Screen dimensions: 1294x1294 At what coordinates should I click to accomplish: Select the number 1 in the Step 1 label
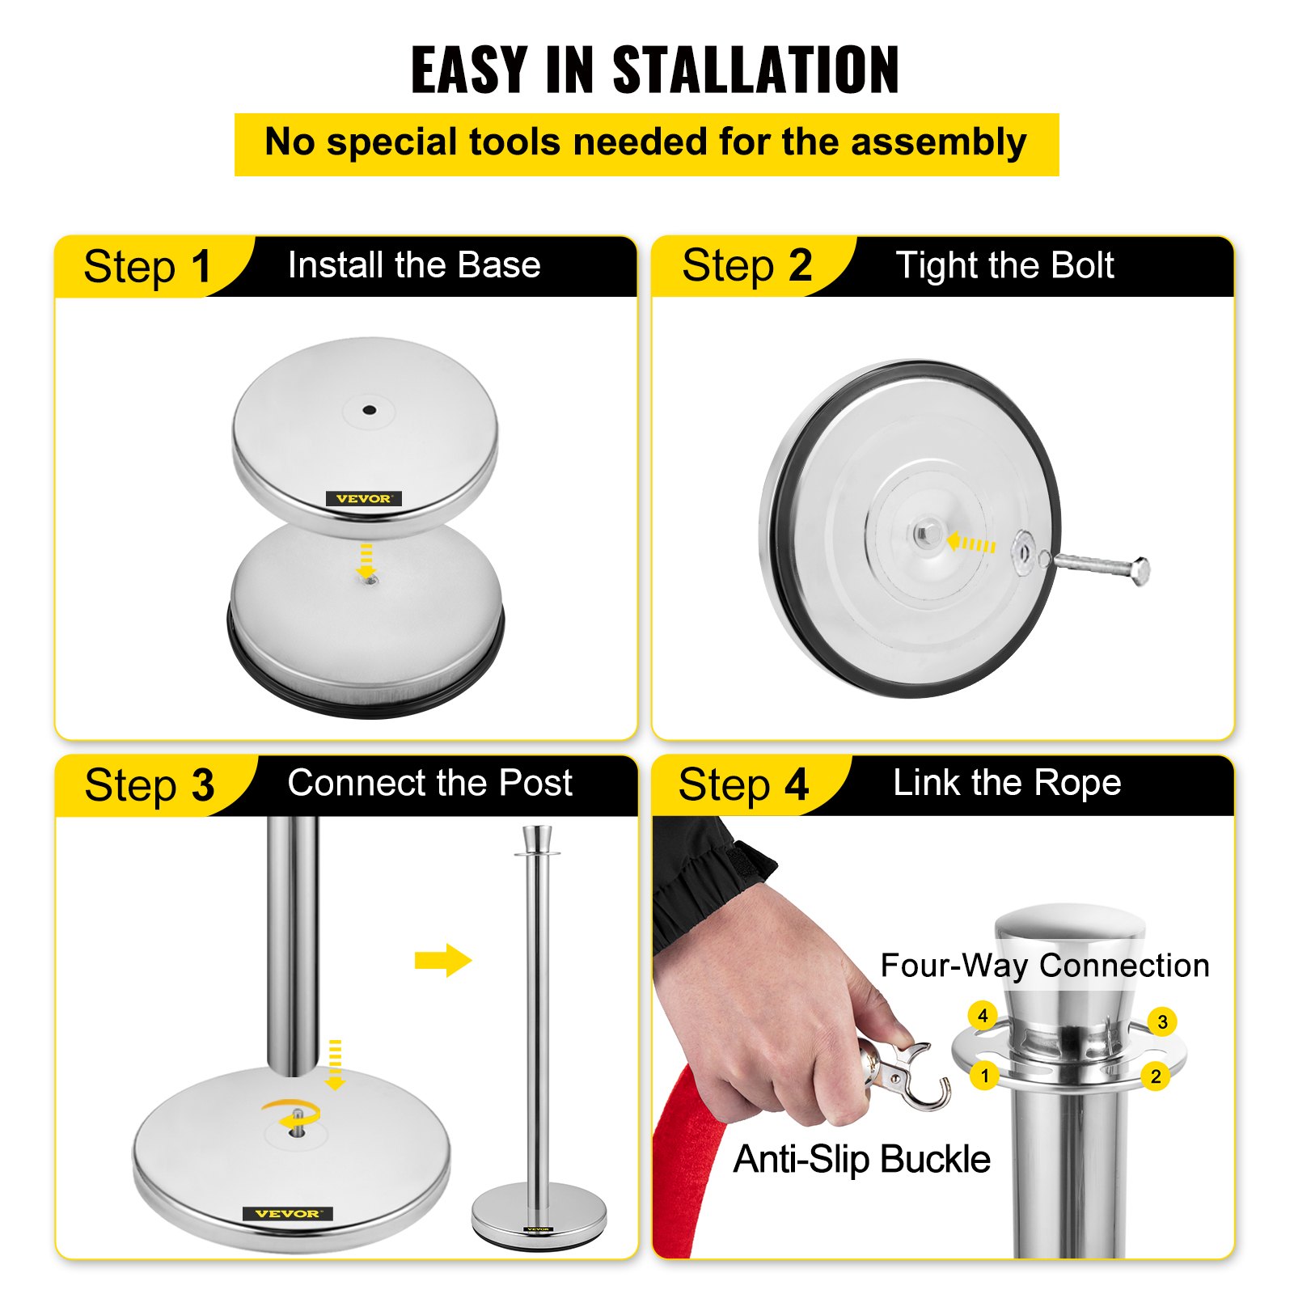tap(201, 267)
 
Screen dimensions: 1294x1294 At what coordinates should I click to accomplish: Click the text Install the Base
tap(414, 265)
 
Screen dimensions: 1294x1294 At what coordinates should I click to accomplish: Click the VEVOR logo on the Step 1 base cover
tap(363, 499)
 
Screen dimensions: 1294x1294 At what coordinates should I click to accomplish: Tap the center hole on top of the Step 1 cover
tap(369, 410)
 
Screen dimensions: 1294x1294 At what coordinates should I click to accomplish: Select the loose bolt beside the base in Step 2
tap(1100, 565)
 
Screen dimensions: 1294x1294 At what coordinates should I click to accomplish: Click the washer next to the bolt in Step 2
tap(1022, 551)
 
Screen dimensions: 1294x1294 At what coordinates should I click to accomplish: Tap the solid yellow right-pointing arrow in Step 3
tap(442, 960)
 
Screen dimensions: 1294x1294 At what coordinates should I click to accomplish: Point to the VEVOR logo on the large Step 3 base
tap(287, 1213)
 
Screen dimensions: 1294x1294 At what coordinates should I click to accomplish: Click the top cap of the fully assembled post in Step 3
tap(537, 839)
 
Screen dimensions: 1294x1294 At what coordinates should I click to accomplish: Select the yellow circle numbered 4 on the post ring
tap(983, 1016)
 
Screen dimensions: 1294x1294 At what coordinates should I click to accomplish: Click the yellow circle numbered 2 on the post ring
tap(1156, 1076)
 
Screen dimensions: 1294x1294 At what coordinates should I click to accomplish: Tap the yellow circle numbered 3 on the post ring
tap(1162, 1021)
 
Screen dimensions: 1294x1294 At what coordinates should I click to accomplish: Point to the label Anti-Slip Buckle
tap(861, 1159)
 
